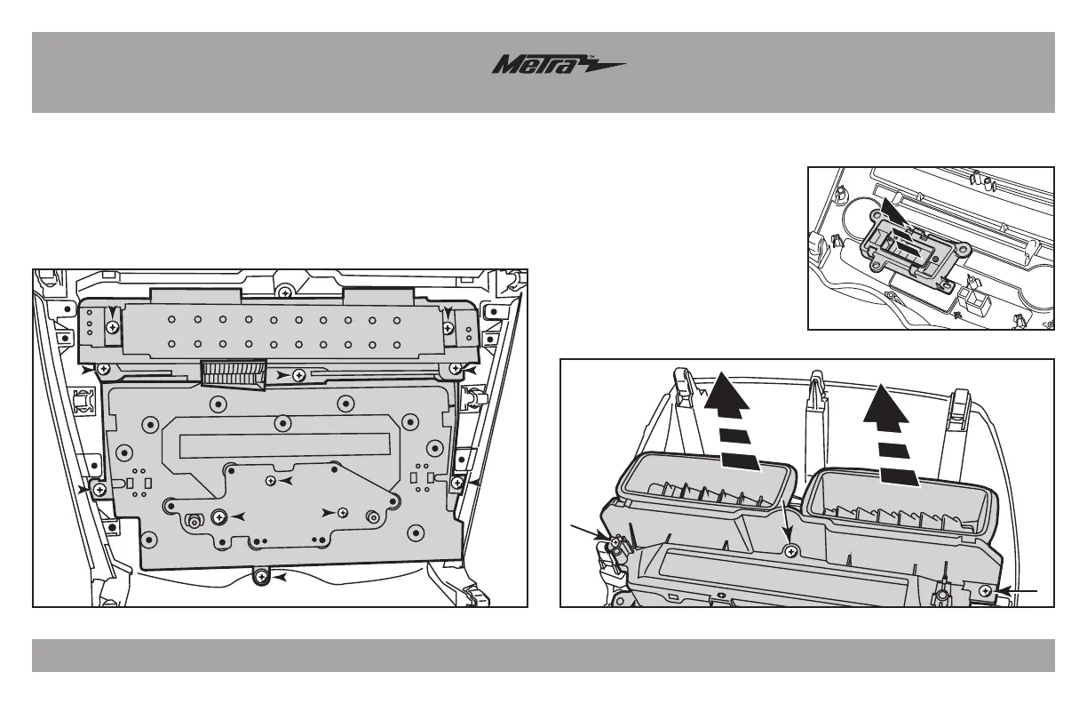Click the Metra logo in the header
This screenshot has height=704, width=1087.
(559, 67)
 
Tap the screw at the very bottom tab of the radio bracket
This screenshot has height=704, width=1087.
(261, 578)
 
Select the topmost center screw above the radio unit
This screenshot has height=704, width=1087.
(284, 292)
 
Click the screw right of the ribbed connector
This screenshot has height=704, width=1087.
(299, 376)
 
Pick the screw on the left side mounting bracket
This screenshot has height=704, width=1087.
(99, 488)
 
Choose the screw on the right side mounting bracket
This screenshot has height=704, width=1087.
(456, 482)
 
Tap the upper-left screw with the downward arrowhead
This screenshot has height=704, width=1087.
(112, 327)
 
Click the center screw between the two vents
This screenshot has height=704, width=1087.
(790, 551)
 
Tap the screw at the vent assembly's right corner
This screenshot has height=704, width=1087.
(985, 589)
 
